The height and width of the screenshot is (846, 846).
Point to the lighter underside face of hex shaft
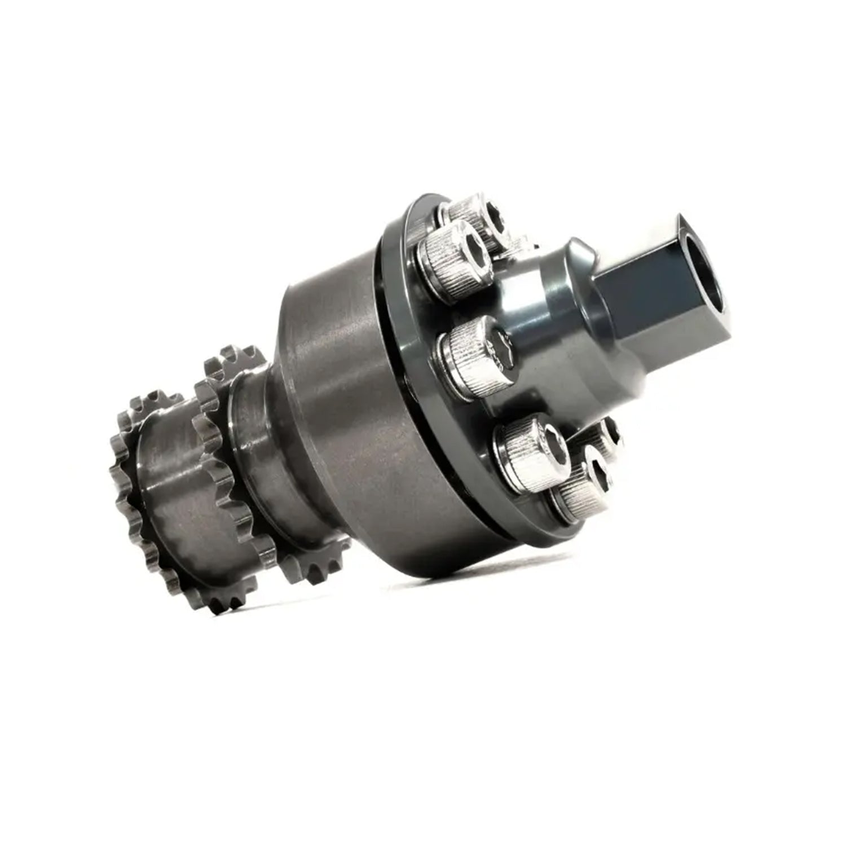pyautogui.click(x=666, y=350)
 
